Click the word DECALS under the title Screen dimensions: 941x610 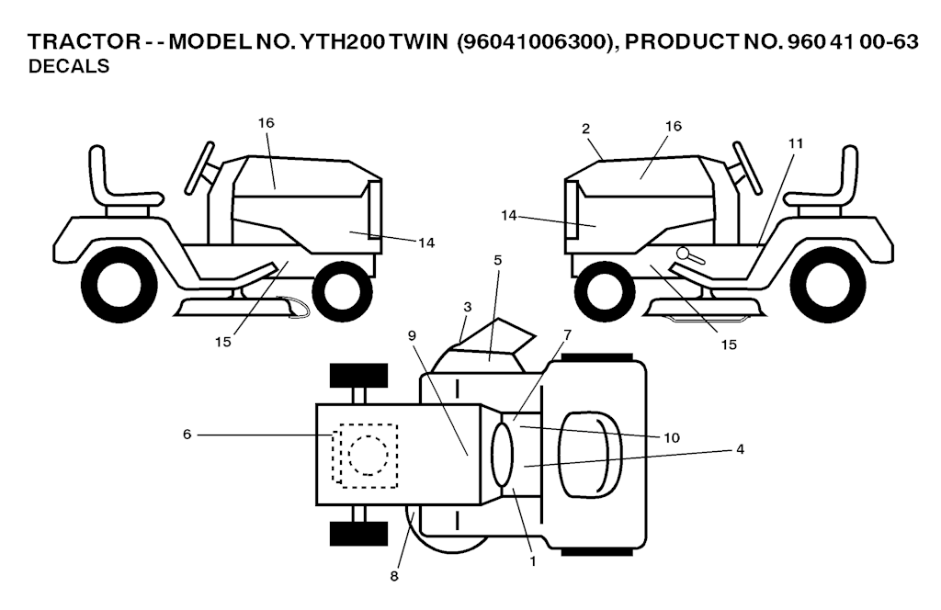pos(69,66)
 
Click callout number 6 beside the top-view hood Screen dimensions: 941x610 pos(187,434)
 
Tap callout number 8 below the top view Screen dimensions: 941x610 pos(393,576)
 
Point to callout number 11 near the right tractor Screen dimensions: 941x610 pos(795,143)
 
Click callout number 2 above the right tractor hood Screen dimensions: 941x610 pos(585,129)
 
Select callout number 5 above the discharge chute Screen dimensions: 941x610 pos(497,260)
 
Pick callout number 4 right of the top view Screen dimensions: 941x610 pos(740,448)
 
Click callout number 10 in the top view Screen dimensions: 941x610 pos(672,438)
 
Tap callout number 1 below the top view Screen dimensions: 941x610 pos(532,561)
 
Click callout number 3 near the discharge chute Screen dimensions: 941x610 pos(468,307)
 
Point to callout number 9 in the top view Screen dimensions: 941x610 pos(412,335)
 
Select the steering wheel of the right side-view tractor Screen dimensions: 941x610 pos(747,167)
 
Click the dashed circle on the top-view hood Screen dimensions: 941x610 pos(368,456)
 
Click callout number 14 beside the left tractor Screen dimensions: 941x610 pos(426,243)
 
